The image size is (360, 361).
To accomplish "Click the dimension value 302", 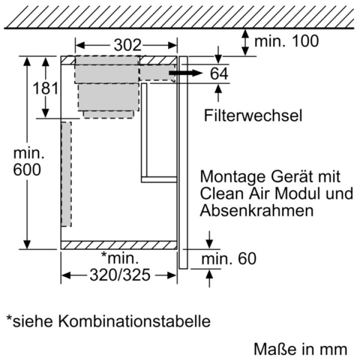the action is point(127,45).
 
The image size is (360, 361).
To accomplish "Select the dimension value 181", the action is point(46,88).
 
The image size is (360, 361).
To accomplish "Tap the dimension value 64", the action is point(219,73).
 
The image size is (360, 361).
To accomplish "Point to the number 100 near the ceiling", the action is point(305,41).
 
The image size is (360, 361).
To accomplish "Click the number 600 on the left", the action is point(27,169).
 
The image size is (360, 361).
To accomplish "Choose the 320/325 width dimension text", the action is point(120,275).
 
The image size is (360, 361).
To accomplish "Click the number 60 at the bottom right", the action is point(247,259).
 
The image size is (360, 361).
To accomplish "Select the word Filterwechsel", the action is point(253,115).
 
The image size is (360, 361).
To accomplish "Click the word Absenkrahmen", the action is point(257,210).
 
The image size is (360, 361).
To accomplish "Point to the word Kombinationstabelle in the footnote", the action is point(134,321).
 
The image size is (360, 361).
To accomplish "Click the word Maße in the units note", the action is point(269,349).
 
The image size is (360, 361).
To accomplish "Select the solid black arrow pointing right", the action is point(186,73).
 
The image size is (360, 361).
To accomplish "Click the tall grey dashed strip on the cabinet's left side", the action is point(66,174).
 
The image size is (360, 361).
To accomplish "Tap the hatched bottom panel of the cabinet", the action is point(119,245).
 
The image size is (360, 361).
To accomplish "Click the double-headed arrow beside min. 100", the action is point(246,42).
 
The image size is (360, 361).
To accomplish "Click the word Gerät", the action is point(292,176).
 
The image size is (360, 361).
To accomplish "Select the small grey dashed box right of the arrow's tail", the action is point(157,73).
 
